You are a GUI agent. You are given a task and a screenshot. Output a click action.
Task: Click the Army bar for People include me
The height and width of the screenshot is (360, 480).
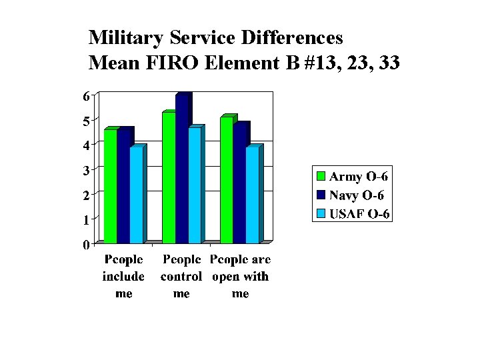click(110, 187)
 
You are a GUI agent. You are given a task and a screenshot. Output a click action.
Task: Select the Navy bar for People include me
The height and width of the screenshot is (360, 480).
click(123, 187)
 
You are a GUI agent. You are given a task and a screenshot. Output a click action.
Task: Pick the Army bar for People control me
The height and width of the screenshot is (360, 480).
click(169, 178)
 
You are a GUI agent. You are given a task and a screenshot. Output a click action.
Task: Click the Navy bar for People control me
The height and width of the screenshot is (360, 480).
click(182, 170)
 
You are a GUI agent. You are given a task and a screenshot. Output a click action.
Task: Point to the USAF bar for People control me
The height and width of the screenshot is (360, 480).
click(195, 185)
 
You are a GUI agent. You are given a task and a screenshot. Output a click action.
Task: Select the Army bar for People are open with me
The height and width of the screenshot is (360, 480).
click(227, 181)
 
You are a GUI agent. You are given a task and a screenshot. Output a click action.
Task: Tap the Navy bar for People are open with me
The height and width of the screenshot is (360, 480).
click(240, 184)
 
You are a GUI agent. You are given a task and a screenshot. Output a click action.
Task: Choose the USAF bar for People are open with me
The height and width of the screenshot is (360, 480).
click(253, 195)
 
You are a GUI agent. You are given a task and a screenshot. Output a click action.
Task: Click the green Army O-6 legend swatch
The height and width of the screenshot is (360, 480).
click(321, 177)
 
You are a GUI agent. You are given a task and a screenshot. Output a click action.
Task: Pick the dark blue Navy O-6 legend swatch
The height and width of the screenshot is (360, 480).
click(321, 195)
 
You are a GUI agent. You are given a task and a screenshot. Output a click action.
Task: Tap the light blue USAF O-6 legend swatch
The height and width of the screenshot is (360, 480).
click(321, 214)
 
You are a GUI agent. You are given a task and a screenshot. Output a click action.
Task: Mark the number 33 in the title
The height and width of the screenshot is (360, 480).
click(387, 63)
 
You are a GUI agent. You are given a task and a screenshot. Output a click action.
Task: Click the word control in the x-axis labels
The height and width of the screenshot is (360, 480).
click(181, 277)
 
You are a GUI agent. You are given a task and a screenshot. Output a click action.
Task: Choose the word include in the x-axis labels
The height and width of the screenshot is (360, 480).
click(123, 277)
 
